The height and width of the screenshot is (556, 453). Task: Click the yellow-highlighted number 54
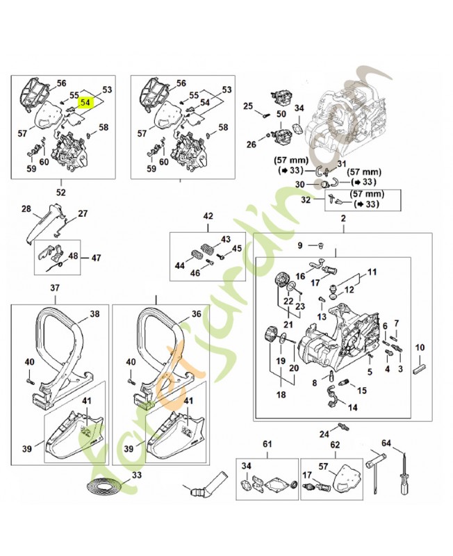[x=85, y=102]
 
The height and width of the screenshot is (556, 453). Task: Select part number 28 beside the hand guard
[x=26, y=208]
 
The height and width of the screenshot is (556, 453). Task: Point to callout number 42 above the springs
[x=207, y=217]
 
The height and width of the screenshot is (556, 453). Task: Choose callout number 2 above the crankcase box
[x=342, y=220]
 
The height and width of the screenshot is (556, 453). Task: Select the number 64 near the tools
[x=387, y=442]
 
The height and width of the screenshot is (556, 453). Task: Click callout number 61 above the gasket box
[x=267, y=443]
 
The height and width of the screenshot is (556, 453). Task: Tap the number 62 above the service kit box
[x=334, y=443]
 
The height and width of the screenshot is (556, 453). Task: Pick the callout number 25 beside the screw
[x=248, y=106]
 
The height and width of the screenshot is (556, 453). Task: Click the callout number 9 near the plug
[x=300, y=245]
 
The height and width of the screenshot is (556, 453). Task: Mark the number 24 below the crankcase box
[x=324, y=434]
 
